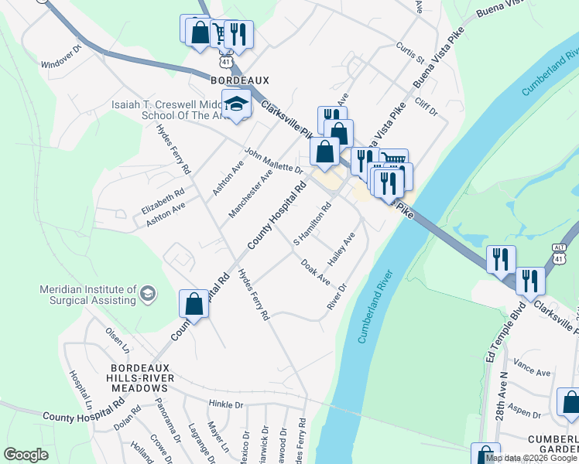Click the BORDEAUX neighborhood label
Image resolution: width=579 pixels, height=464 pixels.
coord(239,80)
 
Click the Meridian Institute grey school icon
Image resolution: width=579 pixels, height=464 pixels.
coord(148,294)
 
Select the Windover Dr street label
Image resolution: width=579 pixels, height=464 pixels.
coord(61,56)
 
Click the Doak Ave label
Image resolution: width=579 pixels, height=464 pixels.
coord(316,271)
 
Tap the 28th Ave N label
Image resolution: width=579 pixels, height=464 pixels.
coord(501,394)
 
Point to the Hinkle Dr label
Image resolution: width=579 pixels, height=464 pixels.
coord(225,404)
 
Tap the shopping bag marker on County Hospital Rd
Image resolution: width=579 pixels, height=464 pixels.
coord(194,304)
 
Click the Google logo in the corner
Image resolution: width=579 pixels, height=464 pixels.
coord(25,455)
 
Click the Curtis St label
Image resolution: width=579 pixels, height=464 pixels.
coord(410,53)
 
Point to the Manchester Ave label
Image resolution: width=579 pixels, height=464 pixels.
coord(251,193)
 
